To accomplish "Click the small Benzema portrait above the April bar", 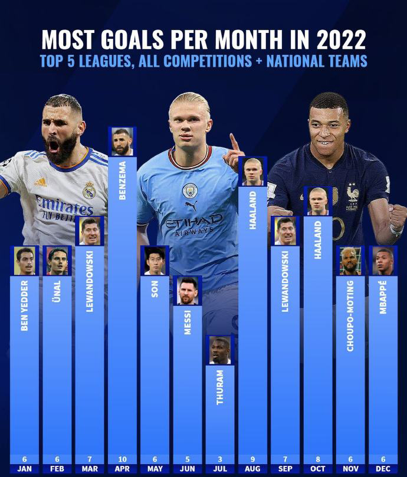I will pos(123,142).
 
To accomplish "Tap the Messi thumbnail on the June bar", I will pos(188,290).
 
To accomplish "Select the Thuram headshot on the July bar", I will pos(220,350).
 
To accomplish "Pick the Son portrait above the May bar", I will pos(155,260).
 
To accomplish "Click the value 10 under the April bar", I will pos(123,460).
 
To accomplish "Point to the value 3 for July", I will pos(220,460).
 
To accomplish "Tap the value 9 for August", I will pos(252,460).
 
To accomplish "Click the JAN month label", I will pos(25,469).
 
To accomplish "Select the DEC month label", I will pos(383,469).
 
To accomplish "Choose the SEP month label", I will pos(285,469).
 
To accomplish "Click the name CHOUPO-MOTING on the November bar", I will pos(350,315).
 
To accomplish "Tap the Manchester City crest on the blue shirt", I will pos(189,190).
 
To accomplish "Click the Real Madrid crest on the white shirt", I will pos(89,190).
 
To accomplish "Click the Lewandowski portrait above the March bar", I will pos(90,231).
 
